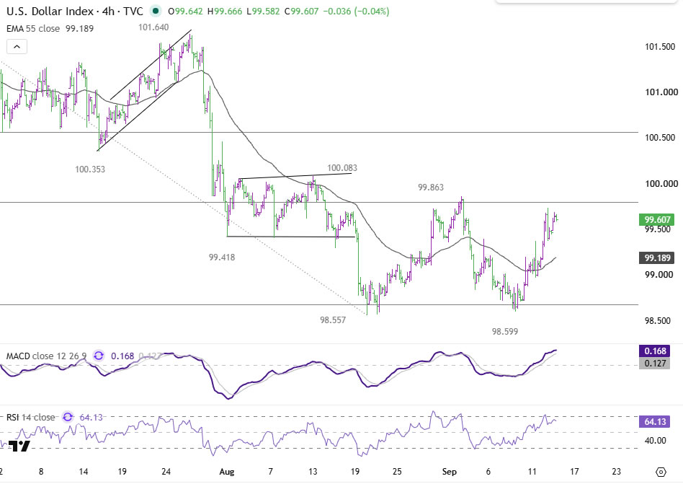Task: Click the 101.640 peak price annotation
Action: pos(153,27)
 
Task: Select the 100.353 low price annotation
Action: pos(90,170)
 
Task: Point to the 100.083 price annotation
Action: pos(342,168)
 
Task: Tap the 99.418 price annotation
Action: pos(222,258)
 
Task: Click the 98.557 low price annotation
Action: pos(333,320)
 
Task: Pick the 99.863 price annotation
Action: pos(431,188)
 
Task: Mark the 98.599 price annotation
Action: pos(505,331)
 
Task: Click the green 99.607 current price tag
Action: pos(657,220)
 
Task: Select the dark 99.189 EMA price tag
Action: pos(657,258)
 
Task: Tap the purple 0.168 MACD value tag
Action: pos(655,351)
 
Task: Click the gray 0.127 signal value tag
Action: pos(655,364)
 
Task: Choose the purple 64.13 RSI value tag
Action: pos(655,422)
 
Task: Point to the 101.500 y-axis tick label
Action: pos(660,47)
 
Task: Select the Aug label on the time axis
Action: pos(226,472)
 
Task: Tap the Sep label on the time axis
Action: pos(449,472)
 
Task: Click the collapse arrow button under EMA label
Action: pos(17,47)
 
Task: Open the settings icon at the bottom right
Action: pos(661,472)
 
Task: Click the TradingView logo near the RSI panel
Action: pos(19,446)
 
